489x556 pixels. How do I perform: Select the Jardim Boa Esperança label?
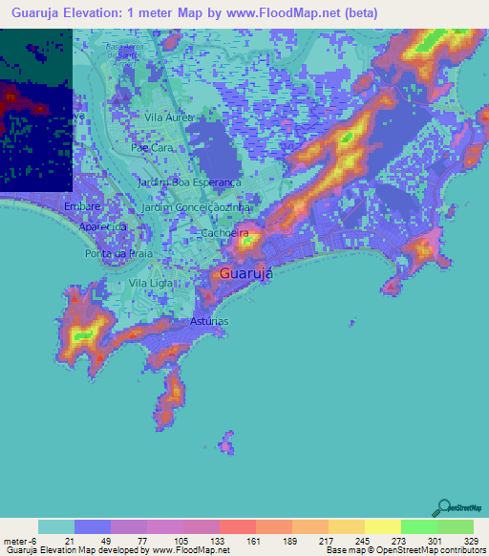(190, 182)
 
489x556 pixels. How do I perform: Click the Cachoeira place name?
(224, 232)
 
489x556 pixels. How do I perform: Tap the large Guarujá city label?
(246, 273)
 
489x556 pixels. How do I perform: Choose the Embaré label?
(82, 206)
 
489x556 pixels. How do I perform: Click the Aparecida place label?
(103, 227)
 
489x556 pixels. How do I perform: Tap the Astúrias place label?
(209, 321)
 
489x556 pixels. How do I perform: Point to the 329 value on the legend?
(470, 541)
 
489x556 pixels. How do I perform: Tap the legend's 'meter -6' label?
(20, 541)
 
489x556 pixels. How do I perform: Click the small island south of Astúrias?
(227, 442)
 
